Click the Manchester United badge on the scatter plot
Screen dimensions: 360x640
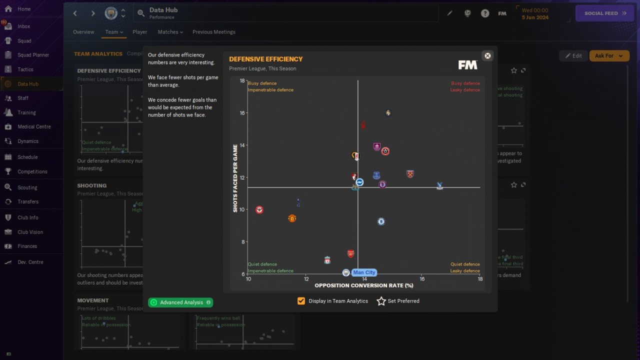click(x=292, y=218)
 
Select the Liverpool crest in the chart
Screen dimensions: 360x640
click(x=327, y=260)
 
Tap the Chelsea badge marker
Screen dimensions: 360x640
click(x=381, y=221)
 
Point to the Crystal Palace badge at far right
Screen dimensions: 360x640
click(x=439, y=186)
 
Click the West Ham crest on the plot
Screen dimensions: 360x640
click(x=410, y=174)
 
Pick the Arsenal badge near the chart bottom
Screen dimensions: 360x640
click(x=351, y=253)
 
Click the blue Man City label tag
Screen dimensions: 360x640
click(x=364, y=272)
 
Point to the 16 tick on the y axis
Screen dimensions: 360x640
click(x=242, y=113)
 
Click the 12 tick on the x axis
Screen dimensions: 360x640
click(x=306, y=279)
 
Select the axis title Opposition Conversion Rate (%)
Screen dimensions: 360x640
click(x=363, y=285)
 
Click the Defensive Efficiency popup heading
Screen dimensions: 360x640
click(x=265, y=59)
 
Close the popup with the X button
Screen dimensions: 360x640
click(x=487, y=55)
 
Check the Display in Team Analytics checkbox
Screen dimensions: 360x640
click(x=301, y=301)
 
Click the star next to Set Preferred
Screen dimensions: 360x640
click(x=381, y=301)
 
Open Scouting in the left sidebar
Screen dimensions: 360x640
click(x=27, y=187)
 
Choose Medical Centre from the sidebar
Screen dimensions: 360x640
click(x=34, y=126)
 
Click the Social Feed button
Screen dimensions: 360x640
click(x=605, y=13)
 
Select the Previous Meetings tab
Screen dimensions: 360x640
click(x=213, y=32)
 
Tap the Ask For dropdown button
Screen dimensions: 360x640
click(x=609, y=55)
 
